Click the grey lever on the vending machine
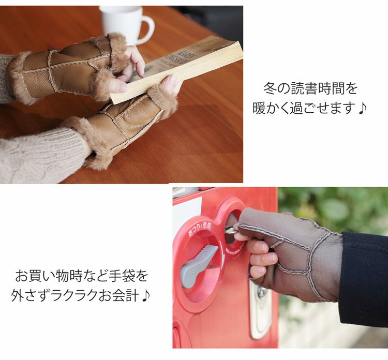click(x=199, y=264)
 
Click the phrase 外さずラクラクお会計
click(x=76, y=295)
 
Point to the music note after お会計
click(x=146, y=296)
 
